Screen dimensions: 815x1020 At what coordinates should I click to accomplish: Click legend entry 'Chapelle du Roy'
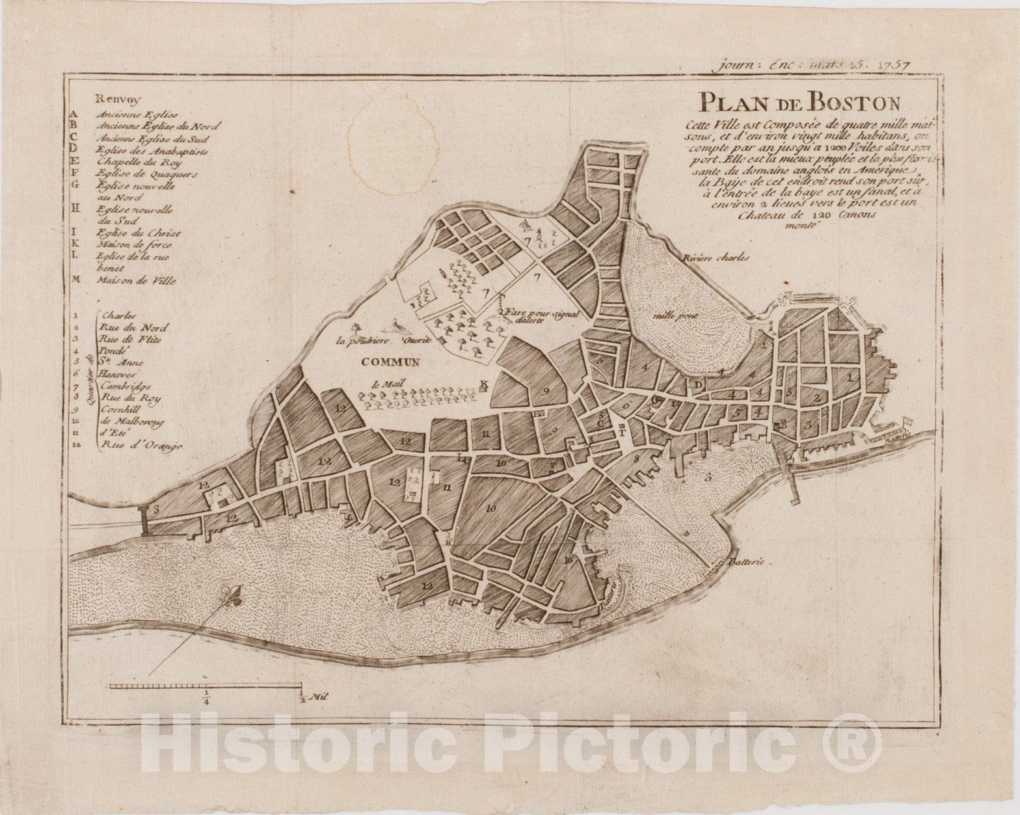139,162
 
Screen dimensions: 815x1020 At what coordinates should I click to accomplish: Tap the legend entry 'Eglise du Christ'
139,233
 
